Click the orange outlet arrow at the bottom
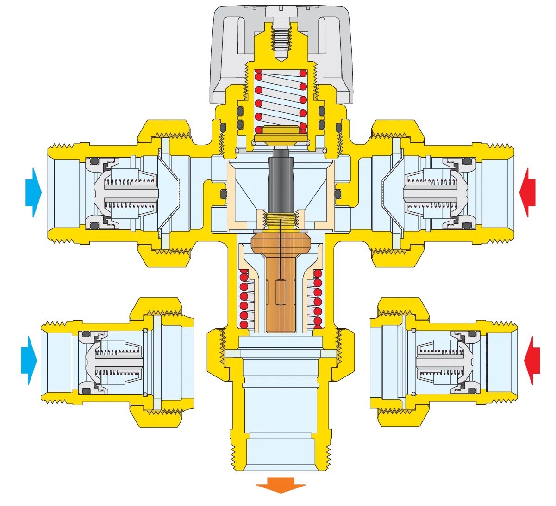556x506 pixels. (281, 485)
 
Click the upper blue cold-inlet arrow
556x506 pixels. (34, 192)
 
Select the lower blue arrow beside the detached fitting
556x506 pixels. (29, 360)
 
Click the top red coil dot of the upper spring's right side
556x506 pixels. (303, 73)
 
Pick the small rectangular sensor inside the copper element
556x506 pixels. (281, 292)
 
